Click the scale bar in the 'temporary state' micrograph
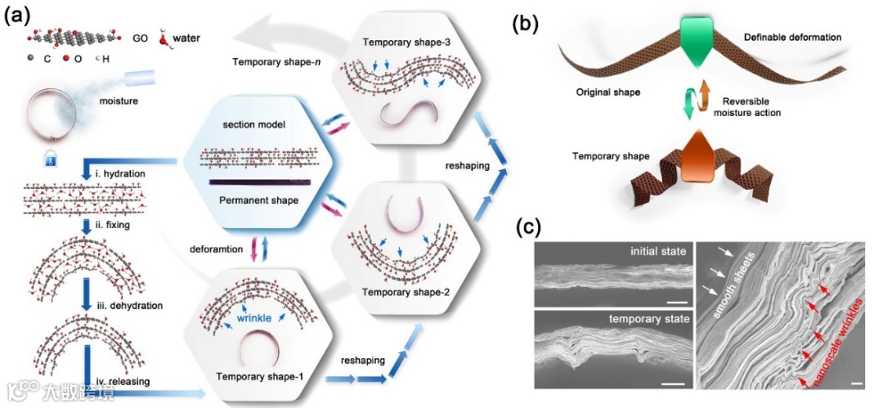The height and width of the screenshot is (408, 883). point(672,381)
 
